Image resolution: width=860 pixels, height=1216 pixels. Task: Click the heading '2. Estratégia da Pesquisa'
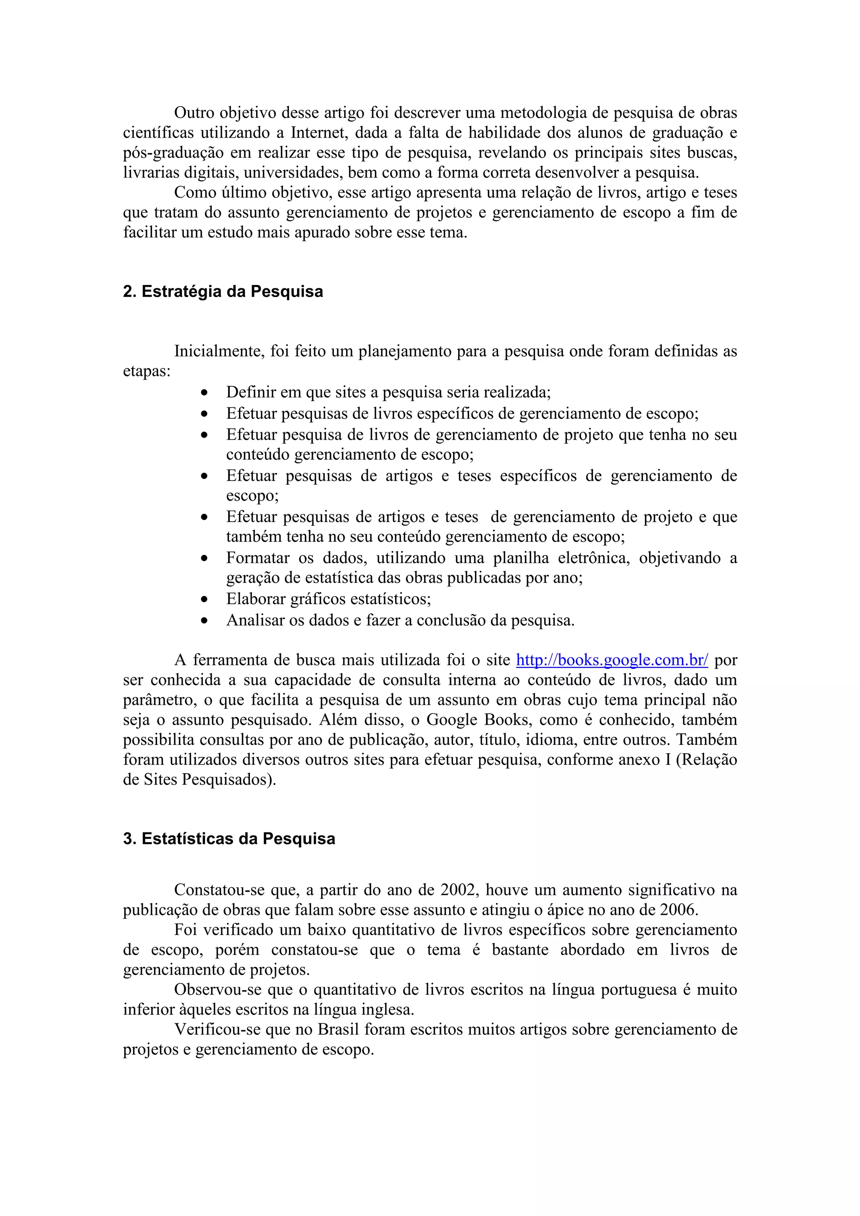click(x=223, y=292)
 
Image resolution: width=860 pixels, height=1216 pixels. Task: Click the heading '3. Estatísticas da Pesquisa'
click(x=229, y=839)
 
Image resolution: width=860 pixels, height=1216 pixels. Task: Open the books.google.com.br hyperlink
click(x=611, y=660)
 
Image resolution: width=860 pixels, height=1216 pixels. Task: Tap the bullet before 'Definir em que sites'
click(x=205, y=393)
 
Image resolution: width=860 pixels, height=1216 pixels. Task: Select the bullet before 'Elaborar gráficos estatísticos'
click(x=205, y=600)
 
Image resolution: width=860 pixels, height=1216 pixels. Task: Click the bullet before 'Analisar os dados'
click(x=205, y=621)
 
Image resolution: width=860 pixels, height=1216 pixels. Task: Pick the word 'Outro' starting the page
click(x=194, y=113)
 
